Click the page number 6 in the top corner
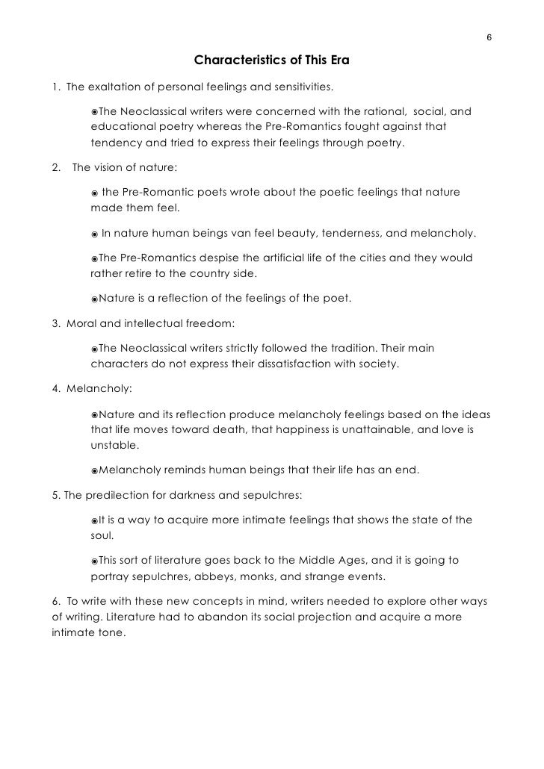click(489, 38)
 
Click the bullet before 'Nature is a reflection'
click(95, 299)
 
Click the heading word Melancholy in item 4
click(98, 389)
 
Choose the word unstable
click(114, 445)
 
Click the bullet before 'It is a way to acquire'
click(95, 520)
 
